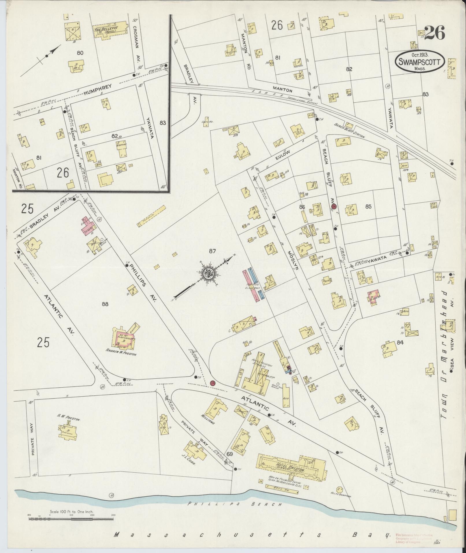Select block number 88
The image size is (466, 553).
coord(105,304)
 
